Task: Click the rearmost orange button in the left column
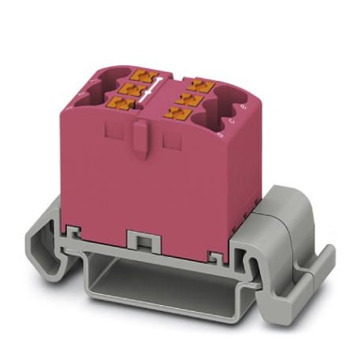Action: (x=145, y=76)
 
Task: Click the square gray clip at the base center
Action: (x=138, y=237)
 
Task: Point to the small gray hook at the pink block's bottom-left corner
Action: (x=73, y=230)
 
